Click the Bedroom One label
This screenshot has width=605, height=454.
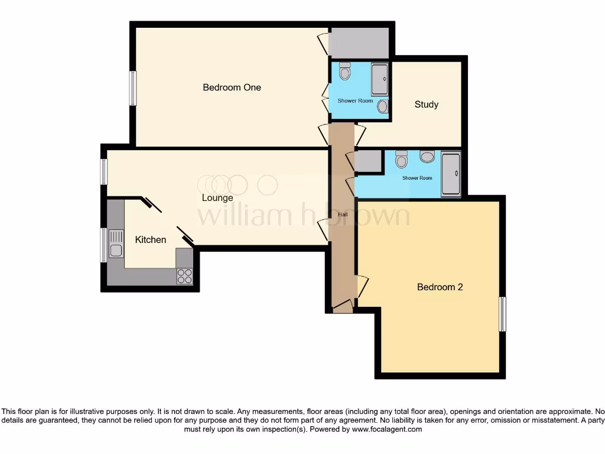pyautogui.click(x=232, y=87)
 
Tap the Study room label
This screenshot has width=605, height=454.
pyautogui.click(x=426, y=105)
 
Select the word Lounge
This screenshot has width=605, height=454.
pyautogui.click(x=217, y=198)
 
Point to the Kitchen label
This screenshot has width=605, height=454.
pyautogui.click(x=151, y=239)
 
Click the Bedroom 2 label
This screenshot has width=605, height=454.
pyautogui.click(x=440, y=287)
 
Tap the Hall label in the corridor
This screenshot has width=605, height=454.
pyautogui.click(x=343, y=215)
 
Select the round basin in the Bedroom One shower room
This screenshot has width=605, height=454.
pyautogui.click(x=383, y=106)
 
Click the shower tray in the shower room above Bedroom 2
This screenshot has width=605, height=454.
pyautogui.click(x=451, y=174)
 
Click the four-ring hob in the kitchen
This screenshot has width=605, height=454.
pyautogui.click(x=184, y=276)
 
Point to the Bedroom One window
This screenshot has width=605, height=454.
pyautogui.click(x=133, y=88)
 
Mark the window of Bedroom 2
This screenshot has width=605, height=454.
pyautogui.click(x=503, y=314)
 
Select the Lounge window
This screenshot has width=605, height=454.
pyautogui.click(x=104, y=171)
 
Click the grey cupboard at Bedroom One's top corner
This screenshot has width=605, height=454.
pyautogui.click(x=359, y=43)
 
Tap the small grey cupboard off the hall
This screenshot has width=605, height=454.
pyautogui.click(x=368, y=161)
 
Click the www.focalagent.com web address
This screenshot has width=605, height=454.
pyautogui.click(x=386, y=429)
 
